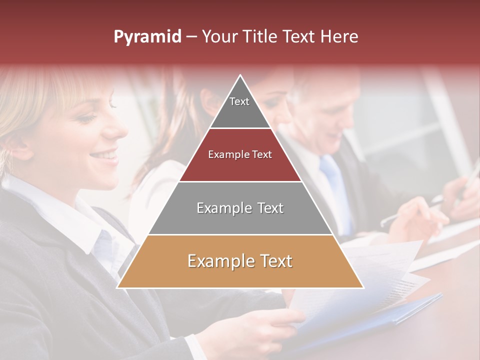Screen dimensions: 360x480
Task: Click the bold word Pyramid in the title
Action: click(x=147, y=37)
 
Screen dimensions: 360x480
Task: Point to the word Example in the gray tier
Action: click(x=221, y=208)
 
